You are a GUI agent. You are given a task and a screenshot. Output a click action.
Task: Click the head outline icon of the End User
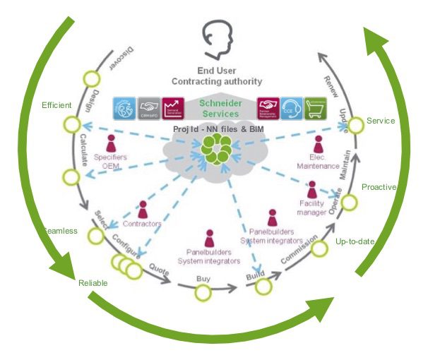(x=215, y=40)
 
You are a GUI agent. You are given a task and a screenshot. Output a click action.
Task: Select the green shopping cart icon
(x=315, y=107)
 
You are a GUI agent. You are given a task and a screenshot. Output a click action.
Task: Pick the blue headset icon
(x=292, y=107)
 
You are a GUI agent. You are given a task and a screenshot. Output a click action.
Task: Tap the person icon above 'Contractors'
(x=143, y=210)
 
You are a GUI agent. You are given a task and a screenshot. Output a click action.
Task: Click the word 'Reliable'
(x=93, y=283)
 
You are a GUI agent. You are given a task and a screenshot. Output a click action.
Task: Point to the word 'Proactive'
(x=379, y=187)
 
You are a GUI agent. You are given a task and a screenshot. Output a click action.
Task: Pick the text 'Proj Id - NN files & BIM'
(x=214, y=130)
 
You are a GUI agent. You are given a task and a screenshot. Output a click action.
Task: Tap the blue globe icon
(x=126, y=107)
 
